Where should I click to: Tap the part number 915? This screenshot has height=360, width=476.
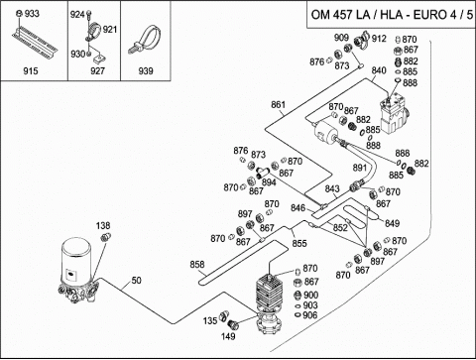[x=31, y=70]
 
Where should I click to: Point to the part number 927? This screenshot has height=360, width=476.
[x=97, y=70]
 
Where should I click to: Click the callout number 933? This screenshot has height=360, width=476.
[x=32, y=14]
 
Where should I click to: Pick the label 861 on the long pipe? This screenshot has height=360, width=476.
[x=278, y=104]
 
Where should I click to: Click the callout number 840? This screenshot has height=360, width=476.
[x=379, y=70]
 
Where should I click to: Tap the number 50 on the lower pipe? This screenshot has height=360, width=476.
[x=136, y=280]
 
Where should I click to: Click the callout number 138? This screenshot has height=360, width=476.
[x=103, y=226]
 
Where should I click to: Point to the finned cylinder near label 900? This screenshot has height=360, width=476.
[x=270, y=293]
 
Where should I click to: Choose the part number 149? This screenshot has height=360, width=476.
[x=228, y=336]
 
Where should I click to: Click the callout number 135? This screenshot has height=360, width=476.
[x=210, y=320]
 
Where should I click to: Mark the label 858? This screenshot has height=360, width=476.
[x=197, y=265]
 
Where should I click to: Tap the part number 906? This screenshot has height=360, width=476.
[x=310, y=315]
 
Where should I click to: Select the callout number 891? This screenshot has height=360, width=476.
[x=360, y=168]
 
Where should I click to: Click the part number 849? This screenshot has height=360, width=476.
[x=392, y=223]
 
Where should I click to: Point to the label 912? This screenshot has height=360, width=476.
[x=379, y=39]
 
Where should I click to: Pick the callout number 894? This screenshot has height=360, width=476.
[x=269, y=182]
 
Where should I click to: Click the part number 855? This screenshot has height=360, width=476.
[x=299, y=243]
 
